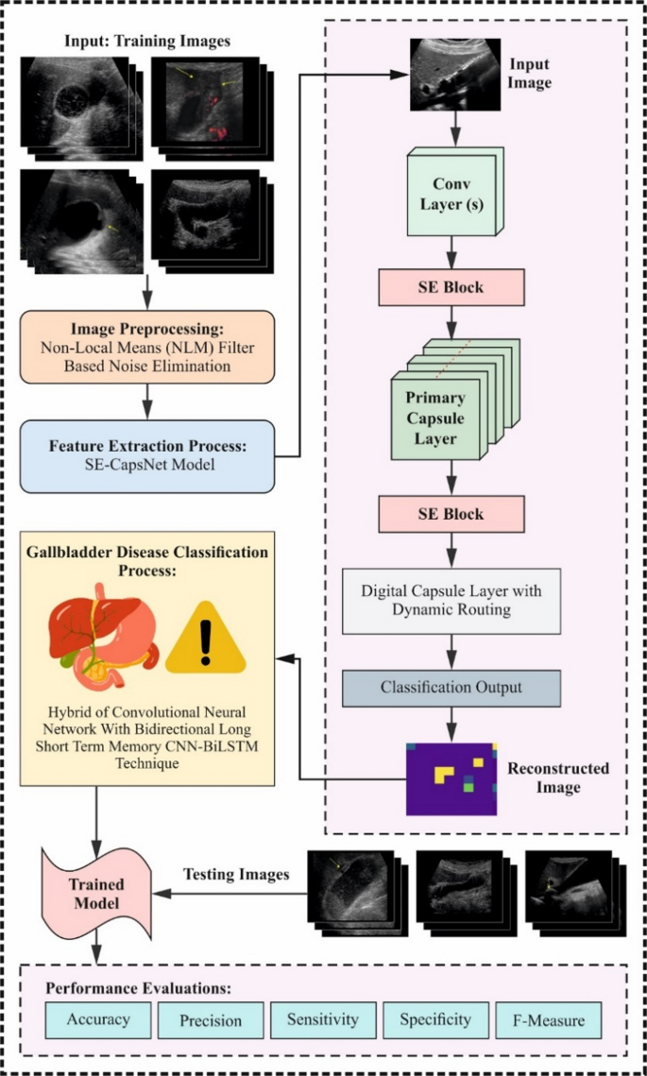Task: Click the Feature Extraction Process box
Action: tap(146, 455)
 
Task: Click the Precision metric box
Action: tap(210, 1020)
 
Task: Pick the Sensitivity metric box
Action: tap(322, 1019)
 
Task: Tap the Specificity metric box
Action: tap(434, 1019)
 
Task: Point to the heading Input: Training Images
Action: tap(146, 42)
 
